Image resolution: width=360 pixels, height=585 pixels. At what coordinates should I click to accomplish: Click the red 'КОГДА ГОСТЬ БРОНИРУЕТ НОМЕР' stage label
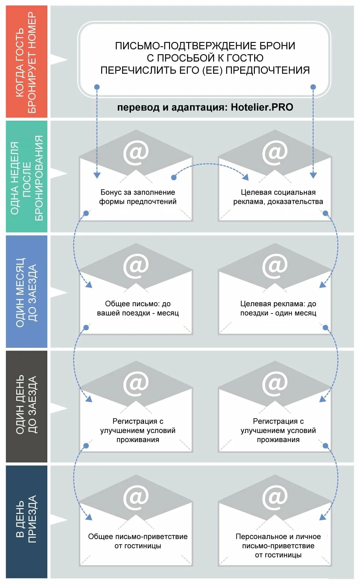point(26,62)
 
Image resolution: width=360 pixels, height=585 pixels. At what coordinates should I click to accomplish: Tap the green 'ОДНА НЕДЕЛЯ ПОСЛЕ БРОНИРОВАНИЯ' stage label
point(26,177)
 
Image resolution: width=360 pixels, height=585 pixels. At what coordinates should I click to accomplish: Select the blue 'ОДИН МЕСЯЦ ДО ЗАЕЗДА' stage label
point(26,292)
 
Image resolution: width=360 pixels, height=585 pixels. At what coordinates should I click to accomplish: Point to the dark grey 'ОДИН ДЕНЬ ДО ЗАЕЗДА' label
point(26,406)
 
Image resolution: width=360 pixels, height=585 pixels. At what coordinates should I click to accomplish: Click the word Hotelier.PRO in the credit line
point(262,107)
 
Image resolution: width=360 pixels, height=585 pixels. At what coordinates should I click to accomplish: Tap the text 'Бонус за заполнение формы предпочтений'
point(138,197)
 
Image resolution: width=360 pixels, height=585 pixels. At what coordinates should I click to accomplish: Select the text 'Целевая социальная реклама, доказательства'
point(278,197)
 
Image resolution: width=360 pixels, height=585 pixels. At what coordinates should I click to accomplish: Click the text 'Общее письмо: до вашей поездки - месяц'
point(138,308)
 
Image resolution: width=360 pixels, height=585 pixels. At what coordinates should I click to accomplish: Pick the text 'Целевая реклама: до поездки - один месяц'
point(278,308)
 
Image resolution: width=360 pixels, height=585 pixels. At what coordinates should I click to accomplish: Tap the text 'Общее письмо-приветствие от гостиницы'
point(138,541)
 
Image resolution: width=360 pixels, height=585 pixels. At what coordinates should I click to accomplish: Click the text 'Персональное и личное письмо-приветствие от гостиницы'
point(278,546)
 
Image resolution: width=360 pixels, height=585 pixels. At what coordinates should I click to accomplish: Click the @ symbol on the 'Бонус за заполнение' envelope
point(136,153)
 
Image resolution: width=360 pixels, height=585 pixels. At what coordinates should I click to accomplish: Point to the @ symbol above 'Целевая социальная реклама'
point(275,153)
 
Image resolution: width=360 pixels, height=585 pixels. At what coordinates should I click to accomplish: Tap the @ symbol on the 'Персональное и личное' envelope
point(275,497)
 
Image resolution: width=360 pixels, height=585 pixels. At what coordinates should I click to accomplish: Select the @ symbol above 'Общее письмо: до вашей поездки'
point(136,266)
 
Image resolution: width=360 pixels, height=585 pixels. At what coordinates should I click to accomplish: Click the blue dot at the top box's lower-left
point(97,87)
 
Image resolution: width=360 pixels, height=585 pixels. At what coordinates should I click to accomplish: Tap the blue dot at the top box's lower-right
point(313,87)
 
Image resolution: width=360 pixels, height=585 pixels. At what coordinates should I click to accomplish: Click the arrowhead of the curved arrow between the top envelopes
point(245,177)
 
